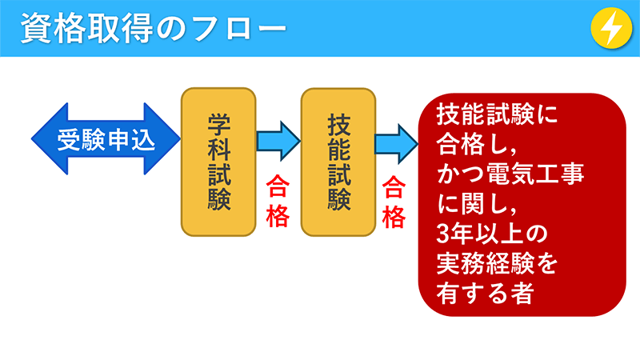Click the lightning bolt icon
[x=611, y=28]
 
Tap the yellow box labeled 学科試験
[x=218, y=162]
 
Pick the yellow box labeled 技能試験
[x=338, y=162]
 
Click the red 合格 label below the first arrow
[x=277, y=203]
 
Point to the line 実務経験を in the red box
[x=496, y=263]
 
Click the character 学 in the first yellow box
[x=218, y=122]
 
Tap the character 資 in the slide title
[x=36, y=28]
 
